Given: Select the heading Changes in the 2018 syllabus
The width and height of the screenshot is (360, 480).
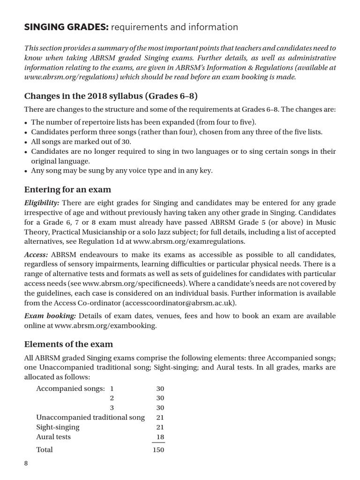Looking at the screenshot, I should (111, 97).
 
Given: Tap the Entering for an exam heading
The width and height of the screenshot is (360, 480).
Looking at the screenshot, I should (67, 190).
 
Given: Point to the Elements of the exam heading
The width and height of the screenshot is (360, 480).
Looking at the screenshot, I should (68, 344).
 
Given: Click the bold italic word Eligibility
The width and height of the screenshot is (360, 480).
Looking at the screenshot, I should (42, 202).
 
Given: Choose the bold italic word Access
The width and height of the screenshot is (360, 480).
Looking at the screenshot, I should (36, 255).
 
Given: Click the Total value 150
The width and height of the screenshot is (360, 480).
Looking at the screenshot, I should (158, 450).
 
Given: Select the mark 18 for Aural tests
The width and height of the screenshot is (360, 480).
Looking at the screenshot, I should (160, 437).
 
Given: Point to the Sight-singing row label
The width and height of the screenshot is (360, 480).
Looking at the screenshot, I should (58, 427).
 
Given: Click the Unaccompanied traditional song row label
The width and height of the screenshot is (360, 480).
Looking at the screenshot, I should (90, 417).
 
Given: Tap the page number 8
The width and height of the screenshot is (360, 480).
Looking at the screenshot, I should (27, 464).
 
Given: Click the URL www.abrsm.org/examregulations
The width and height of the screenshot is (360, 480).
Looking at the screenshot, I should (189, 242).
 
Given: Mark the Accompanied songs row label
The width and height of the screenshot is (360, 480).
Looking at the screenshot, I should (70, 389).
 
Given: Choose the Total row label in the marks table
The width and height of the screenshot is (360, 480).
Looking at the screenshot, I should (45, 450).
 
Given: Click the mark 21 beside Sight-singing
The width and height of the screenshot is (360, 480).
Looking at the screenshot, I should (160, 427).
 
